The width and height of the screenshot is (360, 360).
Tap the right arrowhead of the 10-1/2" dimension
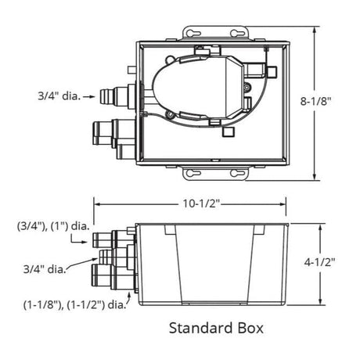click(290, 206)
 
